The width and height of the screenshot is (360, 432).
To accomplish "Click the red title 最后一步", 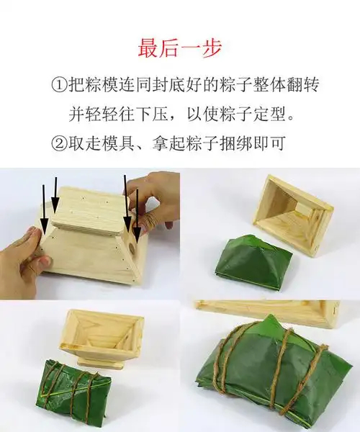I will tap(180, 48).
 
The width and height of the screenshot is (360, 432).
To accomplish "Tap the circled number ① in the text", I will tap(60, 85).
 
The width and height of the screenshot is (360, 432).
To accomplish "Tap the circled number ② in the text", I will tap(60, 143).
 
